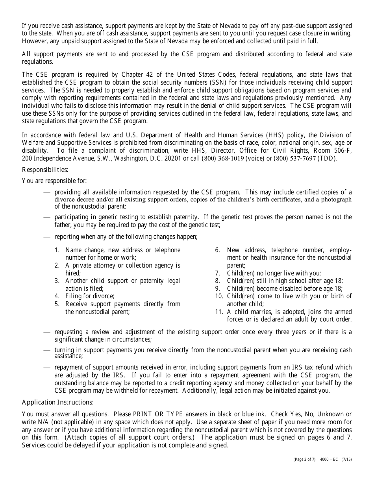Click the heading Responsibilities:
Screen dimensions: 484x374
45,170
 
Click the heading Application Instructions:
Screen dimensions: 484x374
58,402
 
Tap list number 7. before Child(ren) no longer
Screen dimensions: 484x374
217,273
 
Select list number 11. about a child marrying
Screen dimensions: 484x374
218,312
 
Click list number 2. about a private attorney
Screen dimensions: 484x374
57,265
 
